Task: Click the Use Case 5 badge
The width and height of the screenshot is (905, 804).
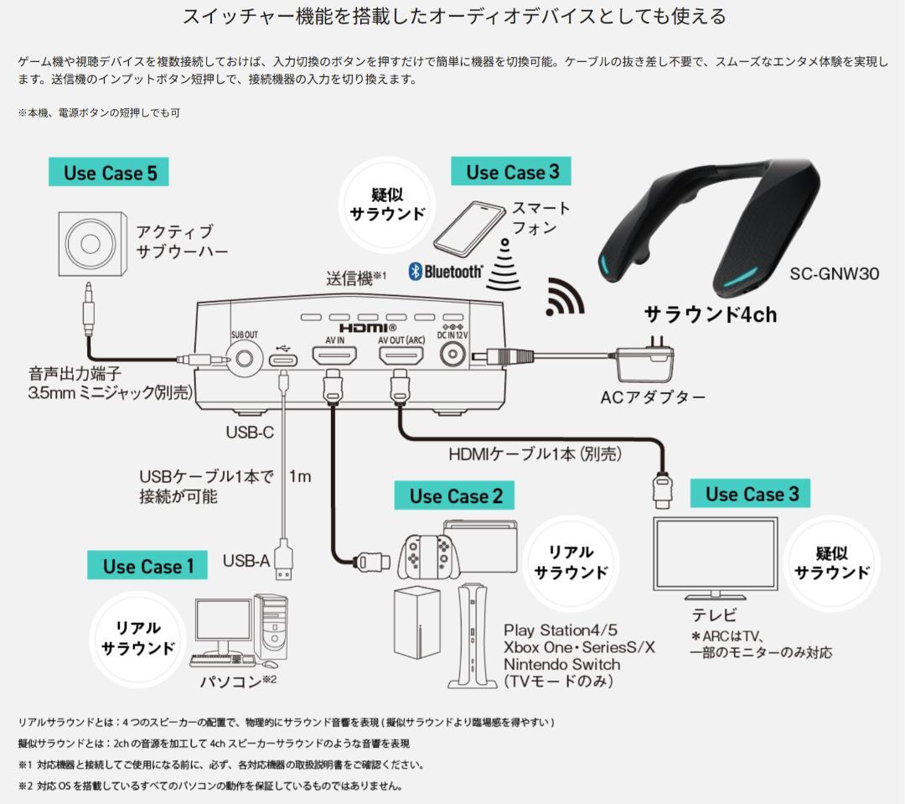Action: pyautogui.click(x=110, y=173)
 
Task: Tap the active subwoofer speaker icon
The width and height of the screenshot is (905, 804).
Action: pyautogui.click(x=94, y=244)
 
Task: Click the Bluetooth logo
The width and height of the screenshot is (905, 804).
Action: pyautogui.click(x=446, y=271)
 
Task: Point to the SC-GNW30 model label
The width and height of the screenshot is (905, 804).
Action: pyautogui.click(x=834, y=273)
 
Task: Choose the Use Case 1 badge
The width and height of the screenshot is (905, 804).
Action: pyautogui.click(x=148, y=566)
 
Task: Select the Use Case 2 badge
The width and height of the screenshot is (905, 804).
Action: pyautogui.click(x=455, y=495)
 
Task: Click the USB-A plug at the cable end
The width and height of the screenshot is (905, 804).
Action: pyautogui.click(x=284, y=559)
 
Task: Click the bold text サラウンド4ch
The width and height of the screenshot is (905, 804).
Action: pyautogui.click(x=710, y=314)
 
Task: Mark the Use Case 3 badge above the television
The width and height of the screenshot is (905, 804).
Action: pyautogui.click(x=751, y=494)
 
